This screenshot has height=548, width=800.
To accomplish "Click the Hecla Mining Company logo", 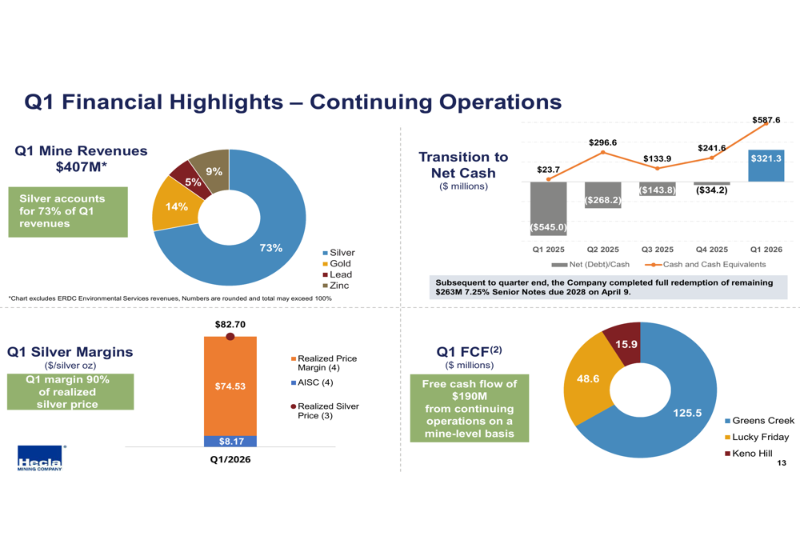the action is coord(40,458).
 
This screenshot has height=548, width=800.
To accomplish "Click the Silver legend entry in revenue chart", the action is coord(338,253).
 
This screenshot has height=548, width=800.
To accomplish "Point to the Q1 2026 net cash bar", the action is coord(766,166).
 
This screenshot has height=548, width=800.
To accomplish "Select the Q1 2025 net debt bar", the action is coord(549,209).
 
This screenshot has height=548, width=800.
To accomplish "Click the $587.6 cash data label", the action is coord(766,120).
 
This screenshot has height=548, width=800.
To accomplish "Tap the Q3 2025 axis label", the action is coord(657,250).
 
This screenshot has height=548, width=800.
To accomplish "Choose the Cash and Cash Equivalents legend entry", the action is coord(705,264).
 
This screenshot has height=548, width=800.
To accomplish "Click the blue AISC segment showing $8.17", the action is coord(230,442).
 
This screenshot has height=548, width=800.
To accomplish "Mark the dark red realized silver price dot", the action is coord(230,336).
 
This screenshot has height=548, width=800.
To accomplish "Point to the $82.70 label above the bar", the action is coord(230,325).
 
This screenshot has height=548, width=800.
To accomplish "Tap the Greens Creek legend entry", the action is coord(759,421).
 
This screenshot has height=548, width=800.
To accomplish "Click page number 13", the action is coord(781,462).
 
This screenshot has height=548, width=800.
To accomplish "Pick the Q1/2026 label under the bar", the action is coord(230,459).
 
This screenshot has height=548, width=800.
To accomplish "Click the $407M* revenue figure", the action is coord(81,167).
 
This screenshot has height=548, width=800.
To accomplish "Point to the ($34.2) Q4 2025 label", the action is coord(712,190).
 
